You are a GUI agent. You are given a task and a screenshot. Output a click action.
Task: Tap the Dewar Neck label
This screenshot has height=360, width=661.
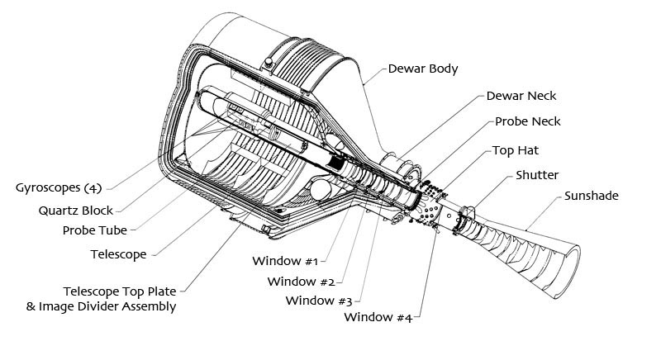(521, 96)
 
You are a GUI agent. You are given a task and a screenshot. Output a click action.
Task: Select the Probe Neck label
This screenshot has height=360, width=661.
(529, 122)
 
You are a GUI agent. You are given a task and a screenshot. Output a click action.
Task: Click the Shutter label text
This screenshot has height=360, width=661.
(537, 175)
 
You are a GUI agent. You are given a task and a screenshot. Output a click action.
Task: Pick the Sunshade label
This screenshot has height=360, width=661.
(592, 197)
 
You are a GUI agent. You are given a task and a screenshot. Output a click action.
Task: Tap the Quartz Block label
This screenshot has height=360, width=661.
(76, 210)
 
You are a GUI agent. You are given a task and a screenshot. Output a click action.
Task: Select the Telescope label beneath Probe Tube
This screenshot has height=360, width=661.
(118, 254)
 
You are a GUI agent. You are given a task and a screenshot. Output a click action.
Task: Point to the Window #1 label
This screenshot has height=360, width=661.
(285, 262)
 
